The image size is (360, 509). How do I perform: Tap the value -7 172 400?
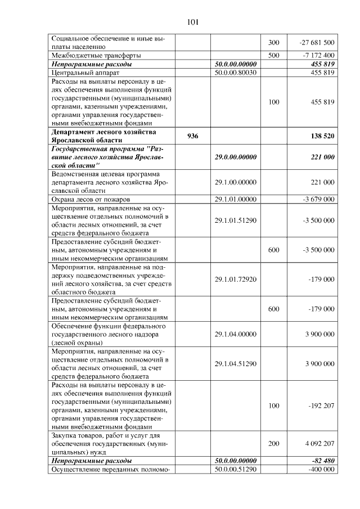(x=320, y=55)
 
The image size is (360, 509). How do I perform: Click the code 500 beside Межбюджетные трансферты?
(x=273, y=55)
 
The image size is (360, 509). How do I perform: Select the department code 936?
(x=192, y=136)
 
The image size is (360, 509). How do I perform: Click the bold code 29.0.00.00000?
(x=236, y=157)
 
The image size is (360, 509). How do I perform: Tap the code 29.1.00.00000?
(x=236, y=183)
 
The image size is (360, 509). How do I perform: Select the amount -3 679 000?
(x=318, y=200)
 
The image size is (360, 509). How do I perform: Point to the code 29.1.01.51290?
(x=236, y=220)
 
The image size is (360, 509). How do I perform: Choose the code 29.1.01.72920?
(x=236, y=279)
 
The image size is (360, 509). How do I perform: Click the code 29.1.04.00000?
(x=236, y=334)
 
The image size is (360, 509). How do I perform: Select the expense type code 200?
(x=273, y=443)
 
